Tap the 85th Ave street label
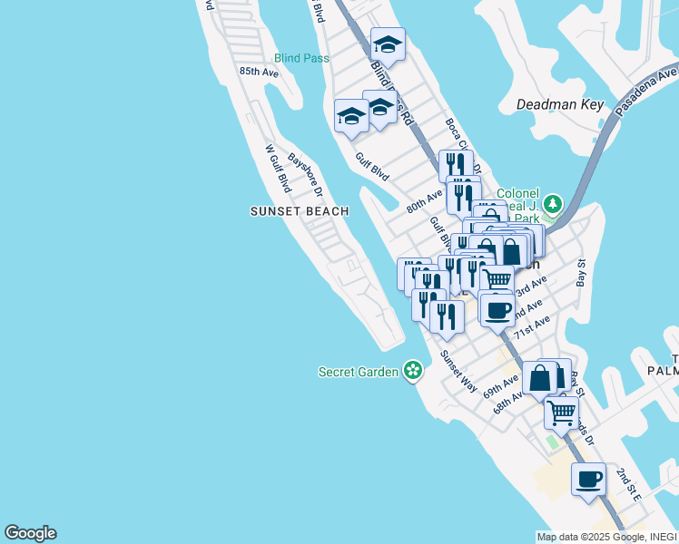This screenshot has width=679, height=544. [x=259, y=72]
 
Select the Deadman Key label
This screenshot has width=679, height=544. [x=560, y=104]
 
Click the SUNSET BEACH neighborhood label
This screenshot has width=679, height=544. [x=300, y=211]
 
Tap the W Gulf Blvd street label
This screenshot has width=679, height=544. [x=277, y=169]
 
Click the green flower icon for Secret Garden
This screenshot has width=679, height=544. [x=413, y=370]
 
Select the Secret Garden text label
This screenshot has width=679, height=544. [x=359, y=372]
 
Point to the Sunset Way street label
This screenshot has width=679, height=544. [x=458, y=371]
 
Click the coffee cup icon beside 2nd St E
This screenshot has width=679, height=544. [x=588, y=478]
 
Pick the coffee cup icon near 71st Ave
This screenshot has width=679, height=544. [x=497, y=310]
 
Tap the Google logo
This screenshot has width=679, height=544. [x=30, y=533]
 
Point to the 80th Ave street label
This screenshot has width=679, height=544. [x=424, y=200]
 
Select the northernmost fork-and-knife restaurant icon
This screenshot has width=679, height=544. [x=456, y=165]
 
